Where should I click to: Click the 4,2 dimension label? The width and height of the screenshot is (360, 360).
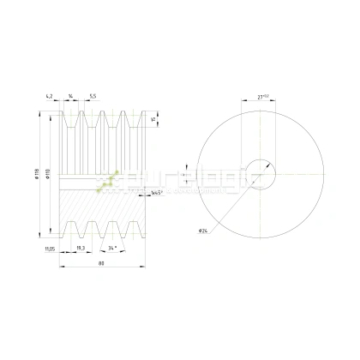(51, 97)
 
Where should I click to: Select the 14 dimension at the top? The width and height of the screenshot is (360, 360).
(71, 97)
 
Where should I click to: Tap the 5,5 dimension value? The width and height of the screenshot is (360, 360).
(92, 97)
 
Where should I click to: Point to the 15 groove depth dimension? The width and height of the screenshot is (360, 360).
(153, 120)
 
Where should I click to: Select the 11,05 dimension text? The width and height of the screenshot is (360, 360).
(51, 249)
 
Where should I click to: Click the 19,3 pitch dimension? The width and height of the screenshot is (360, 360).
(80, 249)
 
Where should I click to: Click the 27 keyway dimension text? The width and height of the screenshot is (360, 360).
(264, 97)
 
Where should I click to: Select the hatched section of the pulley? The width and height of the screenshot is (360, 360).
(103, 210)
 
